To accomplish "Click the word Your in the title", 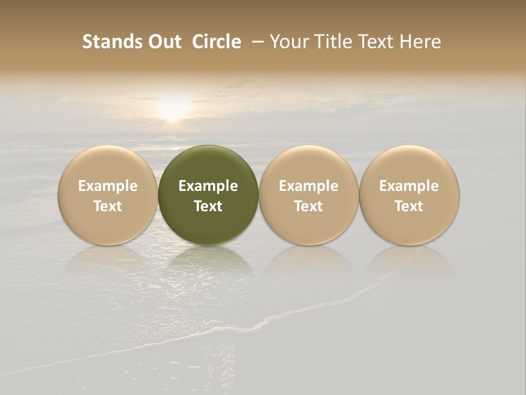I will (x=287, y=42).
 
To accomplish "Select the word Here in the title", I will (x=420, y=42).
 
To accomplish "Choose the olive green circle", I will (x=208, y=165).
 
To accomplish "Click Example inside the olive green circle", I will (x=208, y=186).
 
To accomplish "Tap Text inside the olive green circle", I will (x=208, y=206).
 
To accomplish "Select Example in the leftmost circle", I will (x=108, y=186).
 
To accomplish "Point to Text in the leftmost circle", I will (x=108, y=206).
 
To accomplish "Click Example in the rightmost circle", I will (x=409, y=186).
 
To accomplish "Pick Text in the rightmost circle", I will (x=409, y=206).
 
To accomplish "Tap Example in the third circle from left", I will (x=308, y=186).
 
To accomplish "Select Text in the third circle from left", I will (x=308, y=206).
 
